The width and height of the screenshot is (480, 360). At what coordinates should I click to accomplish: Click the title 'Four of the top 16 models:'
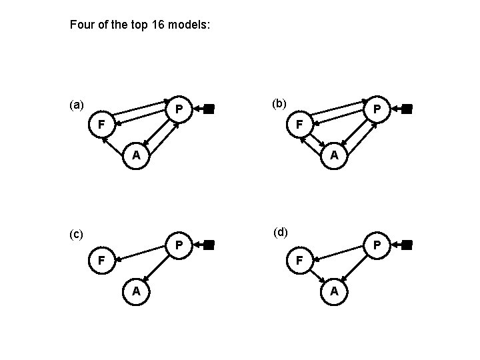pyautogui.click(x=140, y=26)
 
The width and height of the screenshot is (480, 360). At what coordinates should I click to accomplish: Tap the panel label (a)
pyautogui.click(x=77, y=105)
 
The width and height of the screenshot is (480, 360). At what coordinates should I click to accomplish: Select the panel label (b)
pyautogui.click(x=279, y=103)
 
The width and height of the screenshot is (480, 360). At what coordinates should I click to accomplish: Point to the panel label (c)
pyautogui.click(x=77, y=234)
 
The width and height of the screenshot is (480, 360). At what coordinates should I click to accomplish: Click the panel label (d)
pyautogui.click(x=281, y=232)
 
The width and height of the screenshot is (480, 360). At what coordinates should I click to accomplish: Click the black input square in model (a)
pyautogui.click(x=209, y=109)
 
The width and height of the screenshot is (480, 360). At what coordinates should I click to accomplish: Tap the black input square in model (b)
pyautogui.click(x=407, y=109)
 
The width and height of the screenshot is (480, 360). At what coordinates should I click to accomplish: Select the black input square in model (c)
pyautogui.click(x=209, y=245)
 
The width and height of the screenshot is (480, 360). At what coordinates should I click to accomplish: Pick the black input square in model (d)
pyautogui.click(x=407, y=245)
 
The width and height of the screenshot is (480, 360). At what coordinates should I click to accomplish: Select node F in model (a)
pyautogui.click(x=101, y=124)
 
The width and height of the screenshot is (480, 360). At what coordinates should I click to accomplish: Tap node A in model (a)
pyautogui.click(x=135, y=155)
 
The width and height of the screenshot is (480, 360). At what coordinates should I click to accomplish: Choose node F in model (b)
pyautogui.click(x=300, y=124)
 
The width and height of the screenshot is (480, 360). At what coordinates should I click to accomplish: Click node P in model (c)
pyautogui.click(x=179, y=245)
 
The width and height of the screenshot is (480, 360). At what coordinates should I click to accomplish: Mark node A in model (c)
pyautogui.click(x=135, y=291)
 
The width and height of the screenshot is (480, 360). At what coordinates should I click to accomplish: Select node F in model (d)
pyautogui.click(x=300, y=260)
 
